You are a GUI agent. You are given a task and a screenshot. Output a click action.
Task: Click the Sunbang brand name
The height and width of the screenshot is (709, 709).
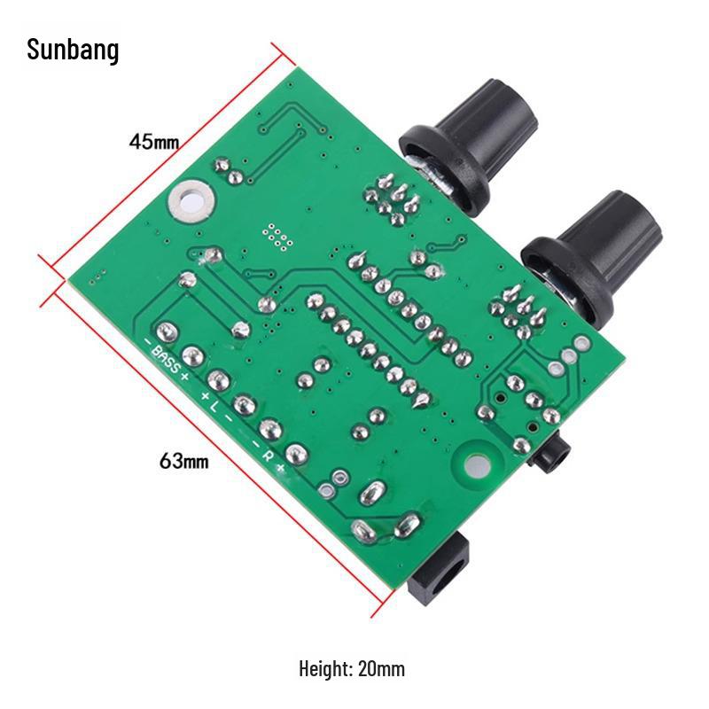coord(73,51)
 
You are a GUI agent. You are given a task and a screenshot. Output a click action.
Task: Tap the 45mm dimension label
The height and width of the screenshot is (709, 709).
coord(153,141)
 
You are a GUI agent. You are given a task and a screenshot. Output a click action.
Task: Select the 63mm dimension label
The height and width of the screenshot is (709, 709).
coord(184,461)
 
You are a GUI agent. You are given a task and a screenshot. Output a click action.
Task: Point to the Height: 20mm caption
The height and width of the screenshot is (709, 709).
coord(352,668)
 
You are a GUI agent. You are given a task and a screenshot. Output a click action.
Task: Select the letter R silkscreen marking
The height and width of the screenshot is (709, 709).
coord(268,454)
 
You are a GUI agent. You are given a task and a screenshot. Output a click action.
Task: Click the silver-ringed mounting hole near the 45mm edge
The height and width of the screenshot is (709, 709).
coord(192,199)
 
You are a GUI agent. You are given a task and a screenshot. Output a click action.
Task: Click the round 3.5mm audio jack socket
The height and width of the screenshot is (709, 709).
coord(549,457)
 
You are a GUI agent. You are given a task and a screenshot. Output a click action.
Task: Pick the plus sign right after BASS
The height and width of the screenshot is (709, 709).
coord(184,376)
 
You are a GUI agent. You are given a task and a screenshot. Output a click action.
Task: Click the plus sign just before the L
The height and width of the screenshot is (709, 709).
coord(205,393)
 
